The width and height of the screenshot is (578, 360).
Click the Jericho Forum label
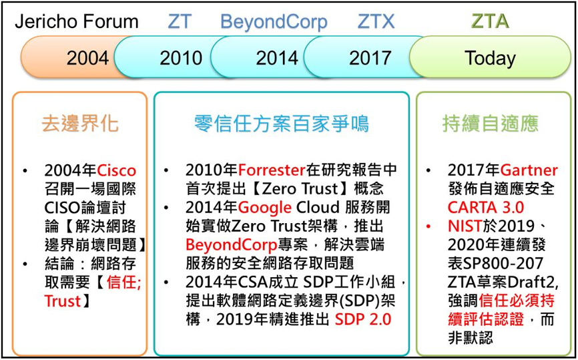[77, 22]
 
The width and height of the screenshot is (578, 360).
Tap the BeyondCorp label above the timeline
[274, 23]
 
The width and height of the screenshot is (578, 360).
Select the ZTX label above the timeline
[376, 22]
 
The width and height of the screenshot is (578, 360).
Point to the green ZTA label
[491, 22]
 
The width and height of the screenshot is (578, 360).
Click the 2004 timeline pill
[70, 57]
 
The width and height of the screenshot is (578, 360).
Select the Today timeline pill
[491, 57]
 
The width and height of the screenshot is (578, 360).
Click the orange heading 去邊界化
[80, 123]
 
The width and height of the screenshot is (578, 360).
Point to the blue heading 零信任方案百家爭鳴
[282, 123]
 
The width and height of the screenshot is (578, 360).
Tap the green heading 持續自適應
[491, 123]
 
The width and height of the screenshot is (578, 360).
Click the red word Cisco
[117, 170]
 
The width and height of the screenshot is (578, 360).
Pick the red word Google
[265, 208]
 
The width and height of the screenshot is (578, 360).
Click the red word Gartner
[529, 170]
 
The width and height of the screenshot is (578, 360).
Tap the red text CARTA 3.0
[485, 208]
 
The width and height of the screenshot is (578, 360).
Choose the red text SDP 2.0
[362, 319]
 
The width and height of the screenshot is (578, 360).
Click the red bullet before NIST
[428, 226]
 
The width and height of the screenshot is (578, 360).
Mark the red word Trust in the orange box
[62, 301]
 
